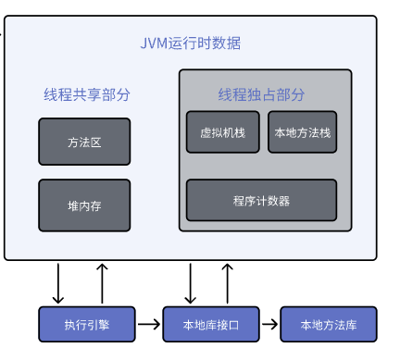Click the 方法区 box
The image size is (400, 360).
tap(84, 142)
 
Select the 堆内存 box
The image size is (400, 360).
tap(84, 205)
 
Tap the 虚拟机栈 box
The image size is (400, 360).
tap(223, 132)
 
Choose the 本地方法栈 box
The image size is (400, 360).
tap(303, 132)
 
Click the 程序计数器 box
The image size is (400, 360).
tap(262, 200)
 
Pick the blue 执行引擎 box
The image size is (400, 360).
tap(87, 324)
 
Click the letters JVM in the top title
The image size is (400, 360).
tap(154, 43)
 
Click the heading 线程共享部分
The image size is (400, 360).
tap(86, 94)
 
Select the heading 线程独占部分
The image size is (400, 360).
tap(261, 94)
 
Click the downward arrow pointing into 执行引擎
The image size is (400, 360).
tap(59, 283)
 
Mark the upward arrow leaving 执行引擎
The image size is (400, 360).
tap(102, 283)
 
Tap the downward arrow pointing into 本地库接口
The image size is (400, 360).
tap(190, 283)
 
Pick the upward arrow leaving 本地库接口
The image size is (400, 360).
tap(227, 283)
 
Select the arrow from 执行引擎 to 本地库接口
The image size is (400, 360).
tap(148, 324)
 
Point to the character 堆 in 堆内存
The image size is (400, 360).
tap(72, 205)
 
